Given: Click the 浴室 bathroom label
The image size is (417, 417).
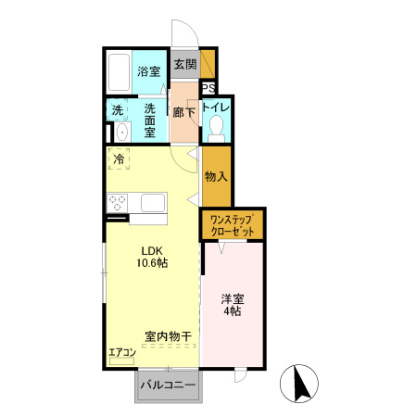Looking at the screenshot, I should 147,70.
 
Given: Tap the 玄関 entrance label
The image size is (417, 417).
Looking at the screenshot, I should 185,65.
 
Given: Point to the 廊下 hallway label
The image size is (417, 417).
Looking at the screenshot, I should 183,112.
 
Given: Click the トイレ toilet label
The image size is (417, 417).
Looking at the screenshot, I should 215,107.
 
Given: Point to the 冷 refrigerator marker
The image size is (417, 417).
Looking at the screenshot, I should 119,160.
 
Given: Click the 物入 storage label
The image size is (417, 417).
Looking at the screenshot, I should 216,175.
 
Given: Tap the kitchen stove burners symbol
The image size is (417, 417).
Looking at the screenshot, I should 118,200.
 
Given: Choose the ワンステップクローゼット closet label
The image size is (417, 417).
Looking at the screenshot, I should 233,223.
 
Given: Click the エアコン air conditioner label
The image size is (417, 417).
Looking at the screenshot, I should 122,352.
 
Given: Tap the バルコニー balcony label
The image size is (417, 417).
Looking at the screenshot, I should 168,385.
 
